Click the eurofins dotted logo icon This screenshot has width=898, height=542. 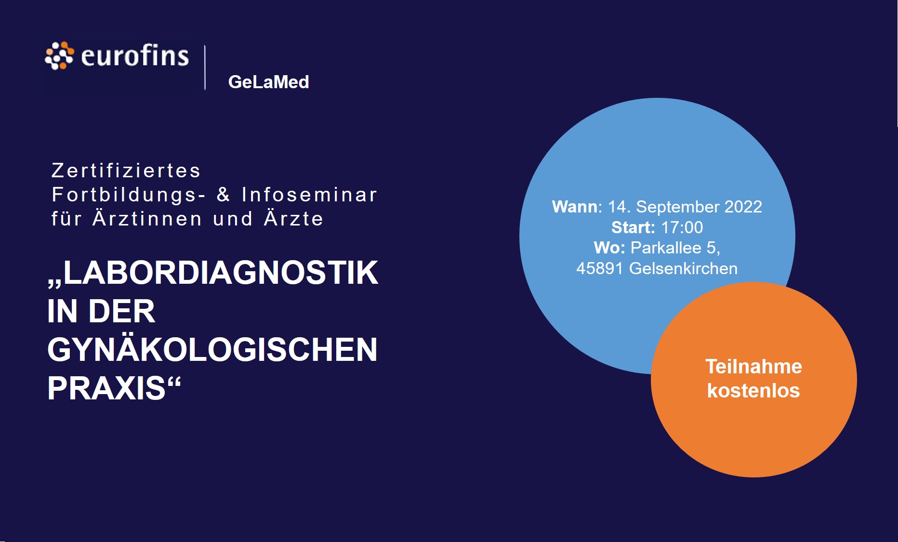pos(59,56)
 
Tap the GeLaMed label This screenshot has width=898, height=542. pos(268,82)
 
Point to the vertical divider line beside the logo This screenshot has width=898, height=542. pos(205,67)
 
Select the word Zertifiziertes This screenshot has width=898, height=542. pos(126,171)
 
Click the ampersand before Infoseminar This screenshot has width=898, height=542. pos(223,194)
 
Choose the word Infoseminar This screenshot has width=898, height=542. pos(309,195)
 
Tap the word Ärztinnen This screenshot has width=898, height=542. pos(147,218)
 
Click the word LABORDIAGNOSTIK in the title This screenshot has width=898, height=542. pos(221,273)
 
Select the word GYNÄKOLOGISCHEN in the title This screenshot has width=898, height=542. pos(212,350)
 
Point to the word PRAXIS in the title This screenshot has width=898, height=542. pos(106,388)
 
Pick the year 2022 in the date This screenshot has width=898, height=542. pos(743,207)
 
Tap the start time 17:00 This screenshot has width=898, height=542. pos(682,227)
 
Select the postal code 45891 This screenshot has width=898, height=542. pos(600,268)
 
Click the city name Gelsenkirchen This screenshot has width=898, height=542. pos(684,268)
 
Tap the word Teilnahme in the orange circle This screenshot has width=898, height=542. pos(754,367)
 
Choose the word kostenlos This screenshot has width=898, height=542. pos(753,391)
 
